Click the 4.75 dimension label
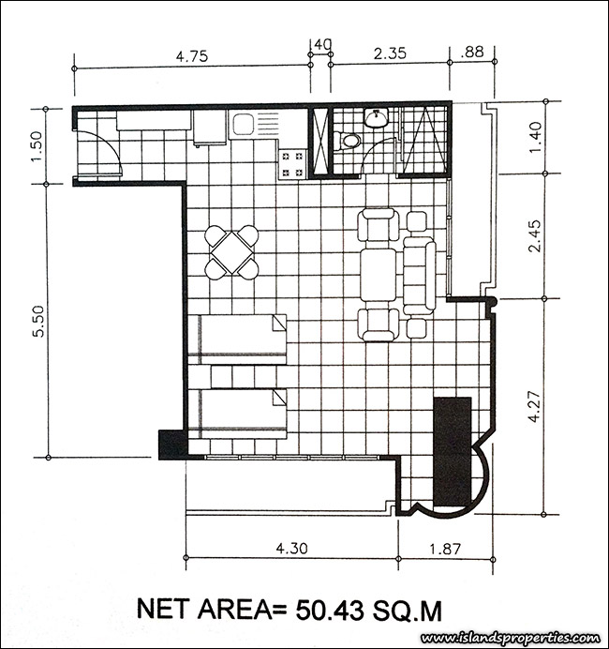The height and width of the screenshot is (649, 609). (x=192, y=56)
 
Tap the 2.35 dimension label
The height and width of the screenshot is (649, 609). (x=390, y=53)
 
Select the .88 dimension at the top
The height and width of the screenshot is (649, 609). (x=471, y=53)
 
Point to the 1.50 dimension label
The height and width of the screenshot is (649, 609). (x=37, y=146)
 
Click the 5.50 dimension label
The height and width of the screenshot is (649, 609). (x=38, y=321)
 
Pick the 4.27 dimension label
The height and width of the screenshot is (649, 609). (x=534, y=406)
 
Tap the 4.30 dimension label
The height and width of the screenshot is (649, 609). (x=292, y=548)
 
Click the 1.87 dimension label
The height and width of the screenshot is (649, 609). (x=445, y=549)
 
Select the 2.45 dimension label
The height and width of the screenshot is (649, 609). (x=534, y=236)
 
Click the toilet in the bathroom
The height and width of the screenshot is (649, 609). (x=348, y=140)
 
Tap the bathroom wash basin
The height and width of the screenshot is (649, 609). (x=376, y=117)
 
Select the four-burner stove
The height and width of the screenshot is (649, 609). (x=292, y=164)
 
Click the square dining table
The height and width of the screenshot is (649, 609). (x=232, y=252)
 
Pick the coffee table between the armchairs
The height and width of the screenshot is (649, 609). (x=379, y=274)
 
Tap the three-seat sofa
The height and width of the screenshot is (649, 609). (x=420, y=275)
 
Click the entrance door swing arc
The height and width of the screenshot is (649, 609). (x=111, y=144)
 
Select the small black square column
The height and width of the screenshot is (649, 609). (x=172, y=445)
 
